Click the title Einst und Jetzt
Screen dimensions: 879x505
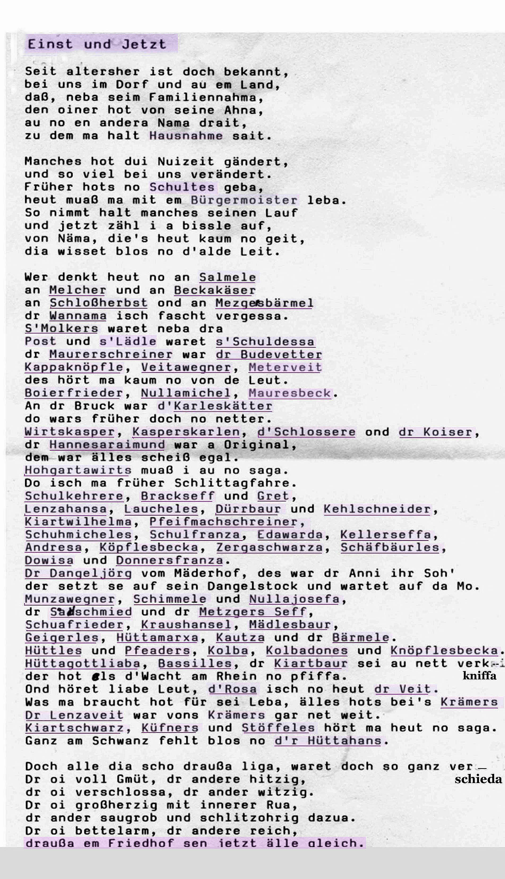coord(97,44)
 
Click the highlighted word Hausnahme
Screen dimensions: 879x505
coord(186,136)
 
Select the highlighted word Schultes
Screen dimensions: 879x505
coord(182,187)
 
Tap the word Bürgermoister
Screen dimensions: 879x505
coord(244,200)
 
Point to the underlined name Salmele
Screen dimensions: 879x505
coord(227,277)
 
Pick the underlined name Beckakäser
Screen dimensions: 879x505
coord(215,290)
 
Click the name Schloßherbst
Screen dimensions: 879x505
coord(98,303)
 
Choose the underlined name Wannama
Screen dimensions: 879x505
coord(78,316)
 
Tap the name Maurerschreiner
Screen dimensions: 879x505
coord(111,354)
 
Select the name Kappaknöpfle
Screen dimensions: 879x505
coord(74,367)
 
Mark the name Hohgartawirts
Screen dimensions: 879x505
coord(78,470)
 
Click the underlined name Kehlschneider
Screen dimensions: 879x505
coord(377,509)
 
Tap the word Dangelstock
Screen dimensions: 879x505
coord(252,586)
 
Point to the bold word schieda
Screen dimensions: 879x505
coord(478,779)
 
